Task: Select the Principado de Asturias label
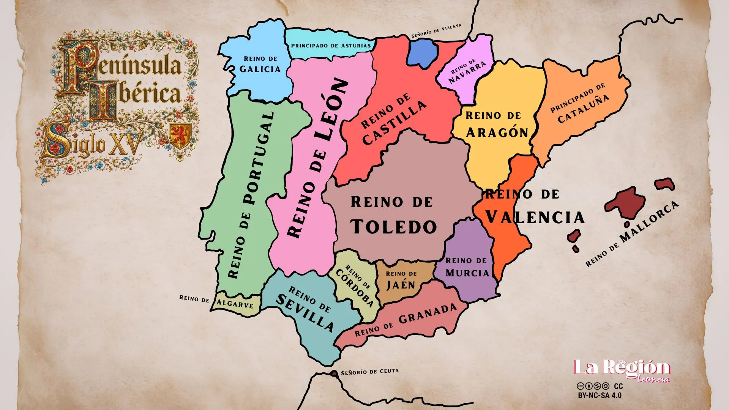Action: click(331, 46)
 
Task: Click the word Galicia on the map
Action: click(260, 69)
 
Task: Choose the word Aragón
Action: click(497, 132)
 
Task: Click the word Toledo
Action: click(394, 227)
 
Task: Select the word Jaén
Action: click(401, 285)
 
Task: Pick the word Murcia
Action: click(467, 273)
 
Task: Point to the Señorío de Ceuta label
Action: click(370, 372)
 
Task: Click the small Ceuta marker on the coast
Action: click(334, 374)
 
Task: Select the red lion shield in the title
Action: click(180, 136)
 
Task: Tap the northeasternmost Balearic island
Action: click(664, 184)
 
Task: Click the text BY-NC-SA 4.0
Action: click(600, 395)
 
